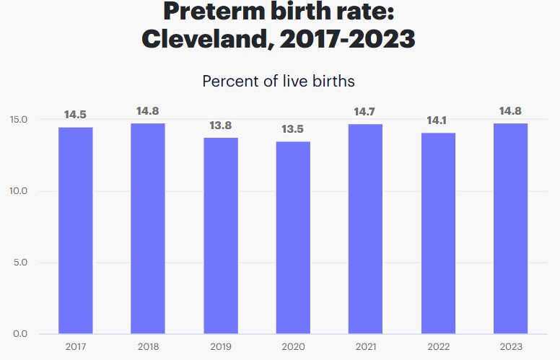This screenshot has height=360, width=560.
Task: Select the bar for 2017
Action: [x=75, y=231]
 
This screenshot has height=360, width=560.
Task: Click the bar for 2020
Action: [x=293, y=238]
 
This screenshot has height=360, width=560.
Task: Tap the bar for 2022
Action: [x=438, y=234]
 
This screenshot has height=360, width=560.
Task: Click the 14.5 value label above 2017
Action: [x=75, y=115]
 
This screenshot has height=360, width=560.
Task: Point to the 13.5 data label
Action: [x=293, y=129]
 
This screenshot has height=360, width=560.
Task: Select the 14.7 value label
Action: [x=365, y=112]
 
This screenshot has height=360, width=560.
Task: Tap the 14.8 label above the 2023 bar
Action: [x=510, y=111]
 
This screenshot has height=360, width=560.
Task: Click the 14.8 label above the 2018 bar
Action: [x=148, y=111]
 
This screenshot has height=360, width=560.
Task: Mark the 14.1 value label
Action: [x=438, y=120]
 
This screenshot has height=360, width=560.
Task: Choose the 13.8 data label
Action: [x=220, y=125]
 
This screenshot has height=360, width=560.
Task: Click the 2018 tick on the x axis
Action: [x=148, y=347]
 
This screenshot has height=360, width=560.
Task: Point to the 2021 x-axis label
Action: [x=365, y=347]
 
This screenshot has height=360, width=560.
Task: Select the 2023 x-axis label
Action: [x=510, y=347]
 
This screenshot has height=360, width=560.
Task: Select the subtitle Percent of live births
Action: [x=279, y=81]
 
